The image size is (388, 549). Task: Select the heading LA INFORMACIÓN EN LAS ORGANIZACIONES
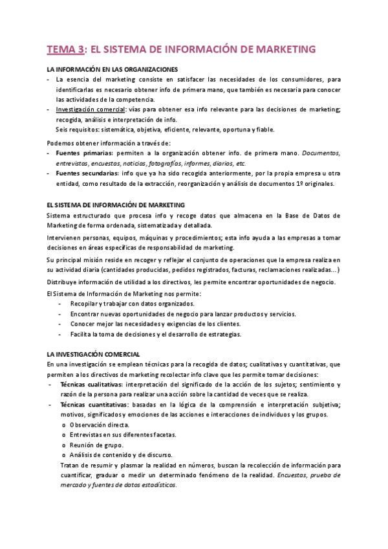tap(113, 69)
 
